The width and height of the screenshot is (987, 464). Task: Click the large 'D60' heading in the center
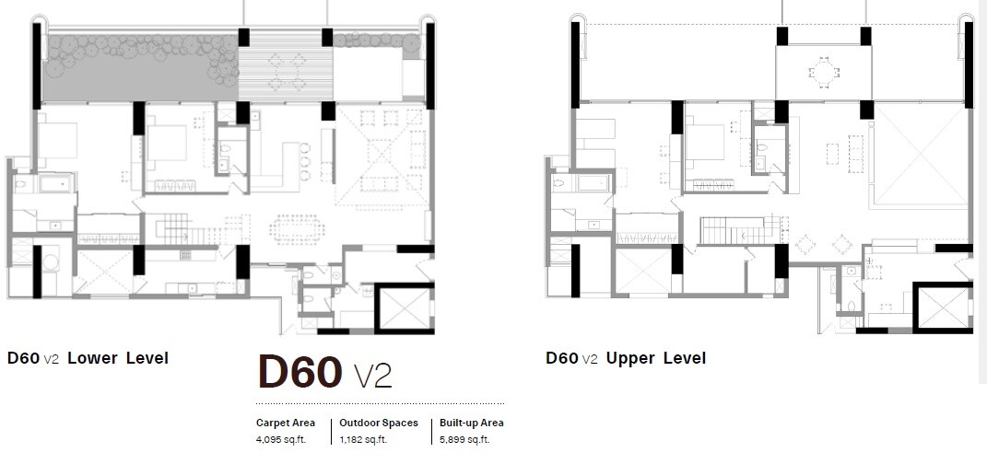[300, 373]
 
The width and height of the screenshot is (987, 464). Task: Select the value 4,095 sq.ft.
[282, 439]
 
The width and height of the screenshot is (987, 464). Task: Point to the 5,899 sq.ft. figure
[465, 439]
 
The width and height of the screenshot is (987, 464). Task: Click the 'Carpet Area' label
[286, 423]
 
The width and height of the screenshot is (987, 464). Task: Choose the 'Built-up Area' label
[472, 423]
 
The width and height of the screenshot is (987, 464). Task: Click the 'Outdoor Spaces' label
[379, 423]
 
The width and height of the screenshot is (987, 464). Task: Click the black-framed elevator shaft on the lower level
[405, 307]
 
